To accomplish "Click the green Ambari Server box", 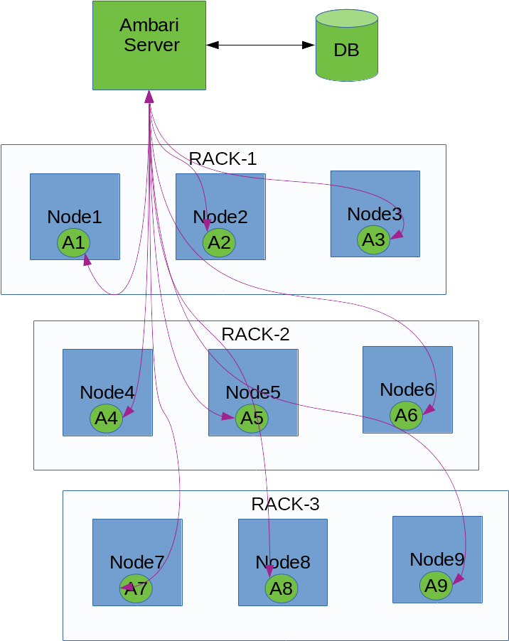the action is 149,45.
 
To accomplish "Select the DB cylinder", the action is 347,45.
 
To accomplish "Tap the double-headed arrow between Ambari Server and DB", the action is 260,45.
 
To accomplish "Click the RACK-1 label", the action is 223,158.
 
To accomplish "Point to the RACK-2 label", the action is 255,335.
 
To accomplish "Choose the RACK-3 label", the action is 285,504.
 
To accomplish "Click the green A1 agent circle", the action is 74,243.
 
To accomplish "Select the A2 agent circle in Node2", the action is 219,243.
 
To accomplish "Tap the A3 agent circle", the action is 374,240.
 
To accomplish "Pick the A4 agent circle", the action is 107,418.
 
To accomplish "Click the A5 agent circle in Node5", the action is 252,418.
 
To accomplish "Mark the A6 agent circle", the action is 406,415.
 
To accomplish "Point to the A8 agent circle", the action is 282,588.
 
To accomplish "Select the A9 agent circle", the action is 436,586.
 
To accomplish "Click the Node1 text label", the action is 75,217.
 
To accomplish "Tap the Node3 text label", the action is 375,214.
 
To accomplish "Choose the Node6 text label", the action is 407,389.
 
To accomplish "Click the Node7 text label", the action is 137,562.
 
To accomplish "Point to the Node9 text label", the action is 437,559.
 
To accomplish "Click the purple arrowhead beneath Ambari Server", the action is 149,97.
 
